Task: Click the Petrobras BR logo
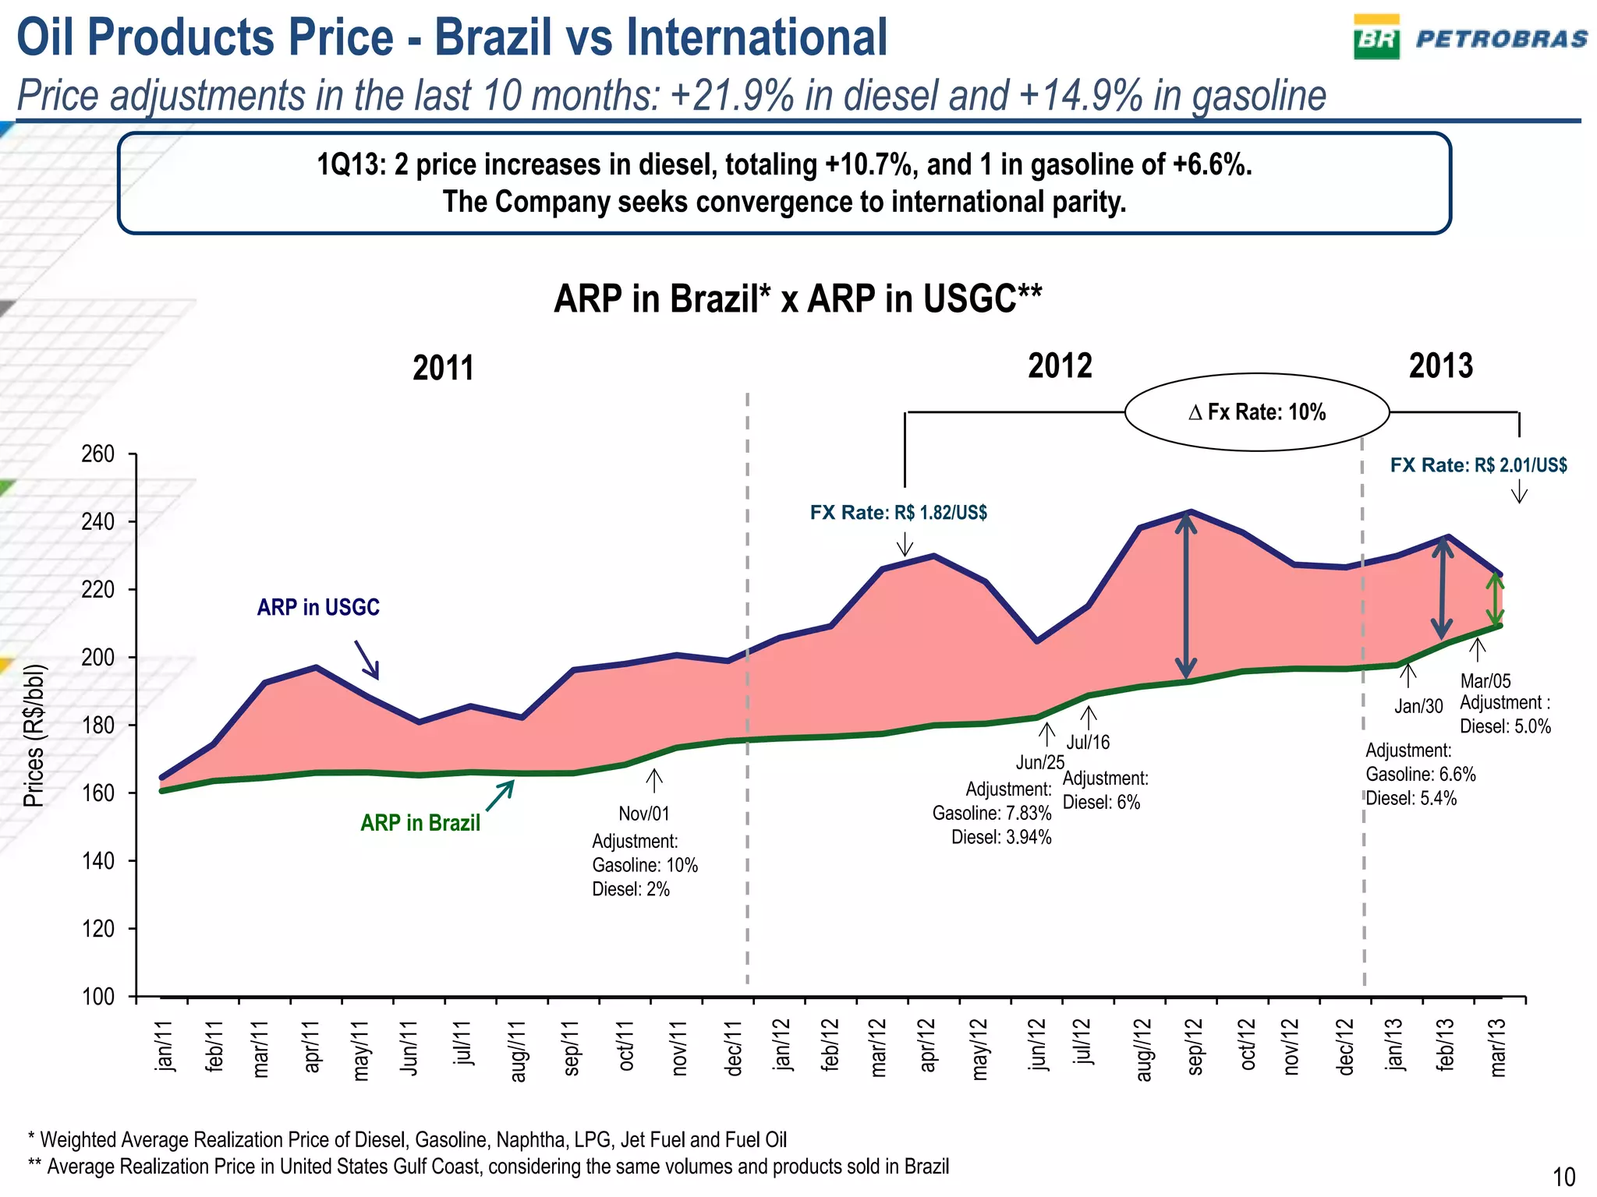[1376, 38]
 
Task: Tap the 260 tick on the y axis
[98, 454]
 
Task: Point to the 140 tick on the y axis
[98, 861]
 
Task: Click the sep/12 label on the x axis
[1195, 1047]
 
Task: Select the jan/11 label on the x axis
[165, 1047]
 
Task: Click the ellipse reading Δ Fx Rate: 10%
[1256, 412]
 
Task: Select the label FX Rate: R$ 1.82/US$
[898, 513]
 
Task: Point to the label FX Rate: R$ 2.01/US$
[1478, 465]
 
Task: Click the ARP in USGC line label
[318, 607]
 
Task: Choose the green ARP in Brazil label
[420, 823]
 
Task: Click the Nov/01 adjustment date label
[644, 814]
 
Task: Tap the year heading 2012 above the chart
[1060, 366]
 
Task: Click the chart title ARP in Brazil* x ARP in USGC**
[798, 299]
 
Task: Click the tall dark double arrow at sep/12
[1186, 596]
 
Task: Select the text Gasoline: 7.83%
[992, 814]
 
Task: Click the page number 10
[1563, 1177]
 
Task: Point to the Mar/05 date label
[1485, 680]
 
